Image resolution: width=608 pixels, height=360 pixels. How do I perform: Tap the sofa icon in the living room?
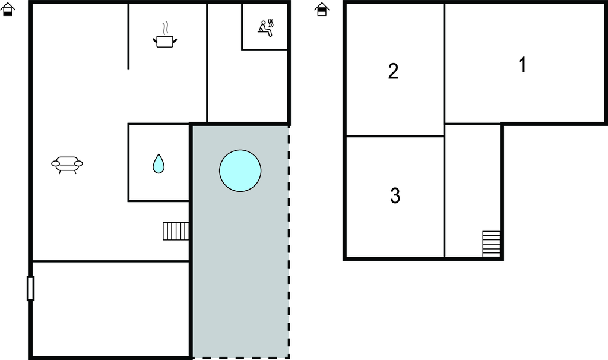click(67, 165)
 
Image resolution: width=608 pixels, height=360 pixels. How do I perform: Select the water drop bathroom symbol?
click(159, 164)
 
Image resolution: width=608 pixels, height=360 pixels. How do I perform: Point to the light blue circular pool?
click(240, 170)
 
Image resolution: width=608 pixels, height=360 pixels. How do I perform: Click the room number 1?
click(522, 64)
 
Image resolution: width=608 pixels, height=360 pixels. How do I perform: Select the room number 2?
click(393, 71)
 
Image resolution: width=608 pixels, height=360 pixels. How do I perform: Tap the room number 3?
click(395, 195)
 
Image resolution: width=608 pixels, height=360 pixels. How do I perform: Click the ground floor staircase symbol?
click(176, 231)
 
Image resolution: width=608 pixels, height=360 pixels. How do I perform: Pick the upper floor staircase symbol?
click(491, 244)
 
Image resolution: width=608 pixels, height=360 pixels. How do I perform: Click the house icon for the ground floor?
click(8, 10)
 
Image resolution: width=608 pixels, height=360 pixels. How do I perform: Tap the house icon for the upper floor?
click(322, 10)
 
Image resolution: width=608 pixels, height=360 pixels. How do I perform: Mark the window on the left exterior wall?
click(31, 288)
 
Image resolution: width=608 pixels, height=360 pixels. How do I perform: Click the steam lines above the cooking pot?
click(166, 29)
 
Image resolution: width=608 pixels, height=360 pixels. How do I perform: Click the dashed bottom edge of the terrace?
click(240, 358)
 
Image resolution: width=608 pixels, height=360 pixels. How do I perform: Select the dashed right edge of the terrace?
click(289, 241)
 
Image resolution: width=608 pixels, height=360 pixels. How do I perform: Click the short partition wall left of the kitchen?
click(128, 36)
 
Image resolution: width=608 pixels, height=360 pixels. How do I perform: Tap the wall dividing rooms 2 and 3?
click(395, 136)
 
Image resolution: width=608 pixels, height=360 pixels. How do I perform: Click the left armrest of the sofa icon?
click(55, 164)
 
